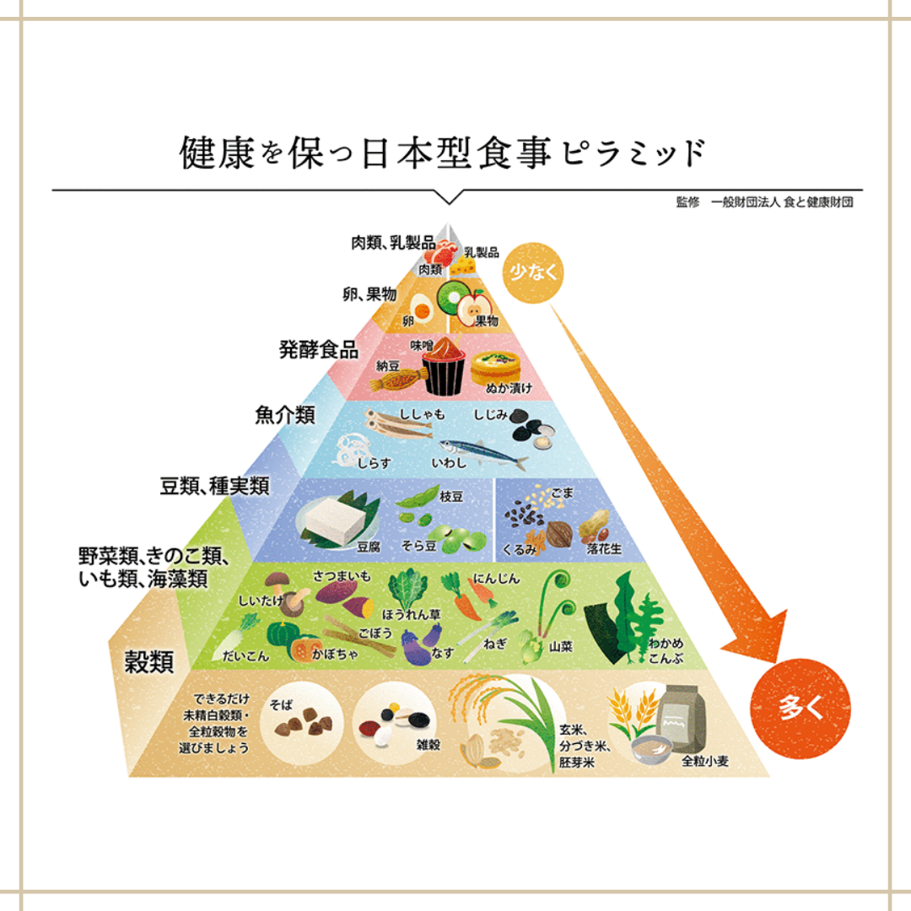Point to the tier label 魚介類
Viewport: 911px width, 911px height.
(284, 414)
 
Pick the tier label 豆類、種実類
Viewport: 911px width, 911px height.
(214, 486)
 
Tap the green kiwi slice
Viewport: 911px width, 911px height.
(453, 295)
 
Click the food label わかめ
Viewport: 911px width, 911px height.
(666, 643)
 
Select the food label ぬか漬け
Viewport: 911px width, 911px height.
(509, 389)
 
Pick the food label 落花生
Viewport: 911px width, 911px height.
(604, 548)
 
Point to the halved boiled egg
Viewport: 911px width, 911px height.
(423, 306)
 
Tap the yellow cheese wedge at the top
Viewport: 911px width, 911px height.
(461, 264)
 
